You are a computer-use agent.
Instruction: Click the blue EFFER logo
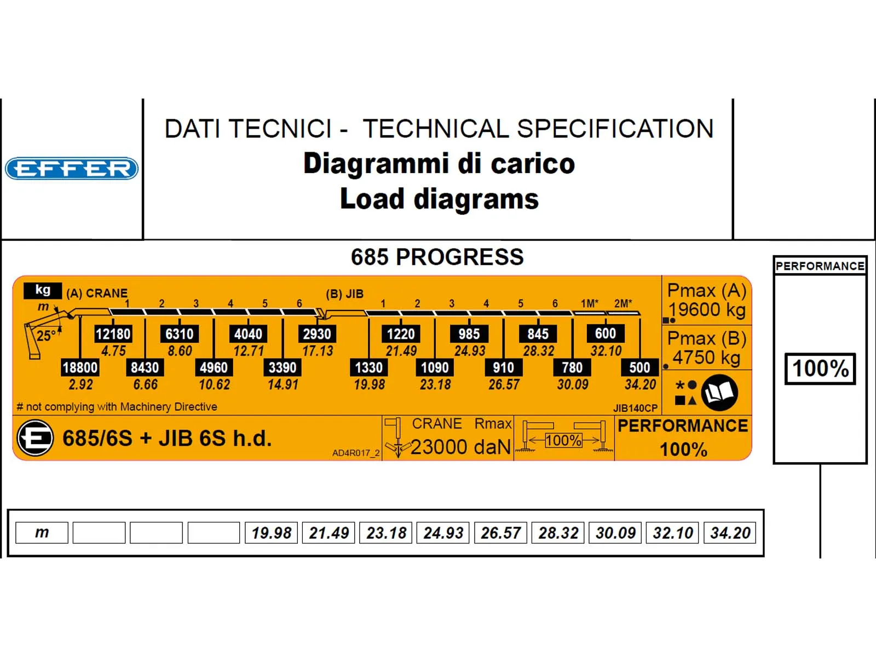71,169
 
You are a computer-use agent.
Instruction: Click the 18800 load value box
80,367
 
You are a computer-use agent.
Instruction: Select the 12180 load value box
113,334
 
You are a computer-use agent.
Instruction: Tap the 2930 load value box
317,334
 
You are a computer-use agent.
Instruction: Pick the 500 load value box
639,367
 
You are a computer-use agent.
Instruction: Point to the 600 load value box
606,333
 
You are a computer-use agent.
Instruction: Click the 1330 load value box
368,367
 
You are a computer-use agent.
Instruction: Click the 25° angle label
45,335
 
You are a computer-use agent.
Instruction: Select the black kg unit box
43,290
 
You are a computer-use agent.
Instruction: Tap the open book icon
719,393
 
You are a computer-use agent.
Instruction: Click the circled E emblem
36,438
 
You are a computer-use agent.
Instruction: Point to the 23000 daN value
460,447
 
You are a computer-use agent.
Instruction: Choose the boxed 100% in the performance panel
820,368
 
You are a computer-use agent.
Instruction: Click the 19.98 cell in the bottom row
272,533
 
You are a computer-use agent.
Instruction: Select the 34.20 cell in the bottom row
730,533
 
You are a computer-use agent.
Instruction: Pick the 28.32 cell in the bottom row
558,533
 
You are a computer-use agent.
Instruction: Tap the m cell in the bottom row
42,533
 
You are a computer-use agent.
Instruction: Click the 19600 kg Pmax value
707,310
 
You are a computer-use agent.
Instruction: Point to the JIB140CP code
635,408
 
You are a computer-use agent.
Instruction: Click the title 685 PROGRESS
437,257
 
